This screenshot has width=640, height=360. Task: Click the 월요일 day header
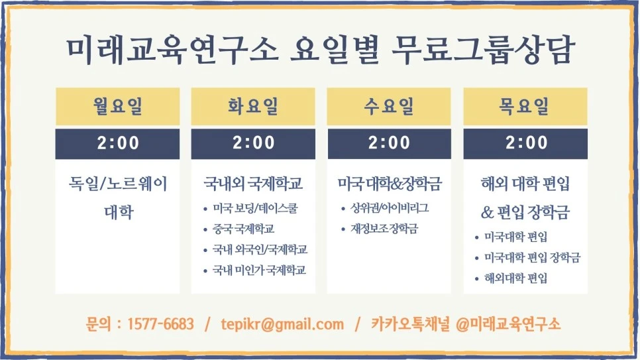pyautogui.click(x=117, y=106)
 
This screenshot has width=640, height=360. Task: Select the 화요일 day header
pyautogui.click(x=253, y=106)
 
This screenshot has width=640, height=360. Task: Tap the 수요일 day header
pyautogui.click(x=389, y=106)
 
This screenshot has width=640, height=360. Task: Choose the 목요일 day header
pyautogui.click(x=525, y=106)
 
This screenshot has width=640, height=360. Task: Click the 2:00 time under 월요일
pyautogui.click(x=117, y=143)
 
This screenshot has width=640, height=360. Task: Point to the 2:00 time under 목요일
pyautogui.click(x=525, y=143)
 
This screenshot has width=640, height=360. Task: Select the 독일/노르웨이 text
pyautogui.click(x=118, y=184)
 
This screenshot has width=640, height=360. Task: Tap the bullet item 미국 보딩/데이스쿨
pyautogui.click(x=255, y=209)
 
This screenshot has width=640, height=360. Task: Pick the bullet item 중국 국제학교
pyautogui.click(x=243, y=229)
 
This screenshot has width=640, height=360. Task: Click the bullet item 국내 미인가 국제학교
pyautogui.click(x=259, y=270)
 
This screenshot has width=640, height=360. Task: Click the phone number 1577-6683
pyautogui.click(x=160, y=324)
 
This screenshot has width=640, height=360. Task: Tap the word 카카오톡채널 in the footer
pyautogui.click(x=410, y=324)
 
